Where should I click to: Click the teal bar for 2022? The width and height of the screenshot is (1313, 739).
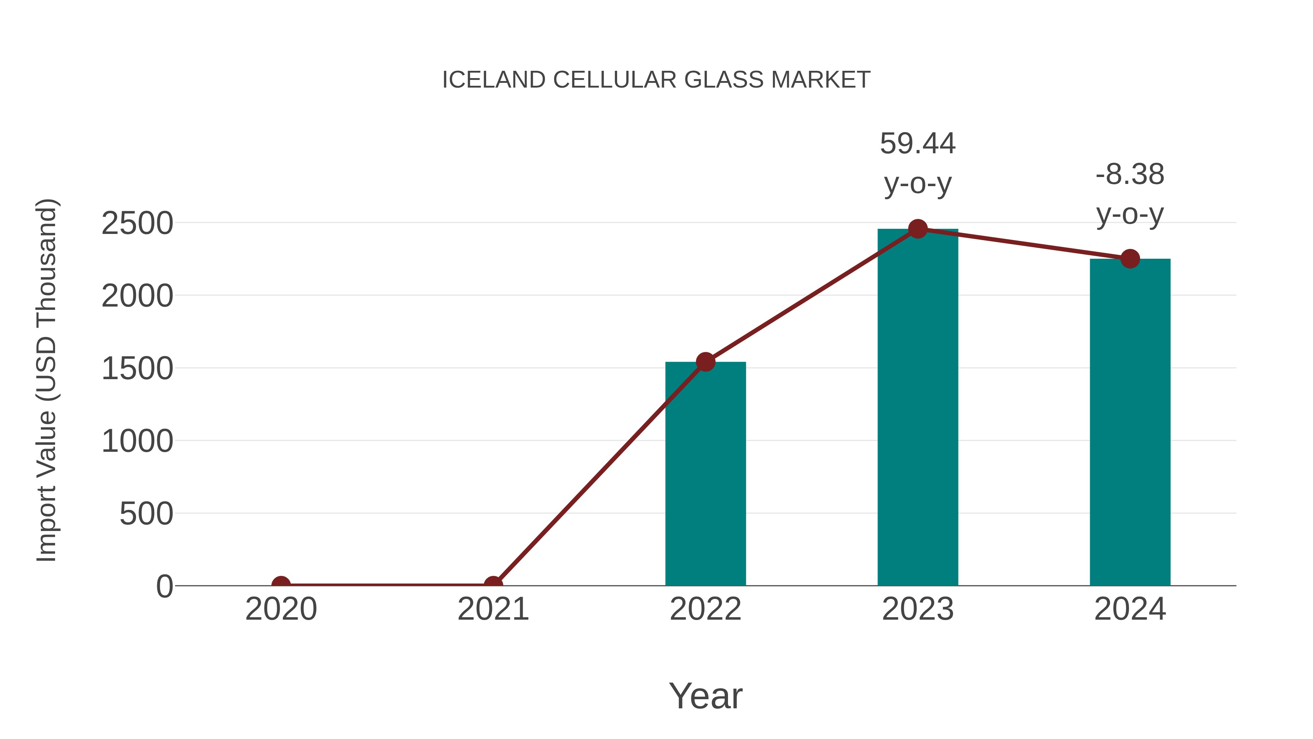coord(705,474)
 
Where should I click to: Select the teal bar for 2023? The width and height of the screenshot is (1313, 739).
coord(918,408)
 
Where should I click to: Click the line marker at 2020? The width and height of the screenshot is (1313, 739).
coord(281,585)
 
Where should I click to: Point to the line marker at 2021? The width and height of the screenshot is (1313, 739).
coord(493,585)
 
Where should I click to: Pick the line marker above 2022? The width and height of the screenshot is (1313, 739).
coord(705,362)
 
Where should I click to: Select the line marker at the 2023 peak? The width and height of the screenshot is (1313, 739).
coord(918,229)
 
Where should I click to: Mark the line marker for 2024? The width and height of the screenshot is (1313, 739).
coord(1130,259)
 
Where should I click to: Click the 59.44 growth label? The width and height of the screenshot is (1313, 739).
coord(918,144)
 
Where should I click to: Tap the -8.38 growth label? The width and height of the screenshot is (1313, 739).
coord(1130,175)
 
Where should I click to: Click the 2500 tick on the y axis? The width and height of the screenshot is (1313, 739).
coord(137,223)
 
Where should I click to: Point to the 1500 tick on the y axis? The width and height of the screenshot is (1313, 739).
coord(137,369)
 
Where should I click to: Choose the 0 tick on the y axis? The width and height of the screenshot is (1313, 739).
coord(164,586)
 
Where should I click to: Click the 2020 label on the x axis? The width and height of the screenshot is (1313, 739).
coord(281,609)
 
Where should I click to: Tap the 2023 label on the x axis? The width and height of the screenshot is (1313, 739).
coord(918,609)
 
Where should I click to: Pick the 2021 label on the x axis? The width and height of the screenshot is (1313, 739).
coord(493,609)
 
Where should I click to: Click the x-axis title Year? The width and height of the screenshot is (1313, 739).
coord(705,696)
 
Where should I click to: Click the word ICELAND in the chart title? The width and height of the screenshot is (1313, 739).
coord(493,80)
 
